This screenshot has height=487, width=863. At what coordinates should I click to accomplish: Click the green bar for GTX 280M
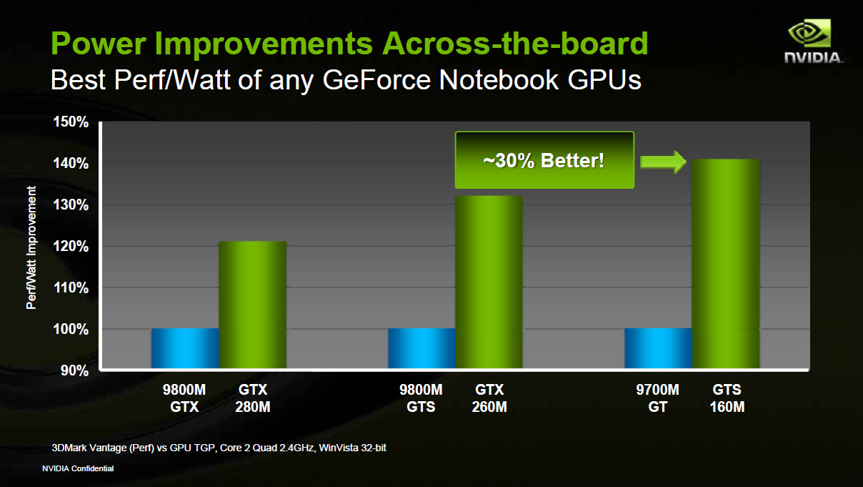point(252,305)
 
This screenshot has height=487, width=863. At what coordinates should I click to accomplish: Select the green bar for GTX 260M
point(489,282)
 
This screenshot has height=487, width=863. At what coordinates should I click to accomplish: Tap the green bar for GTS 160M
point(725,264)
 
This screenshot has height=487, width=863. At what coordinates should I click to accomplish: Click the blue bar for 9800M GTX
point(185,349)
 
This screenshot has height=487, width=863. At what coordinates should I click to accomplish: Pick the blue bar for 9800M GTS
point(421,349)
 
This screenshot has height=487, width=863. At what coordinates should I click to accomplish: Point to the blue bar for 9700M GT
point(658,349)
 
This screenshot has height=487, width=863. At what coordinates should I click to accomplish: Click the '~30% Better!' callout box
point(544,160)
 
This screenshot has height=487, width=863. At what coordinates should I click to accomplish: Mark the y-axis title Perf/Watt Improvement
point(31,247)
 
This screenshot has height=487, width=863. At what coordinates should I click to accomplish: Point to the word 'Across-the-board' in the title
point(515,44)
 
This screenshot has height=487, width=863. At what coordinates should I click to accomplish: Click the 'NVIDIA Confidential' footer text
point(78,469)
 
